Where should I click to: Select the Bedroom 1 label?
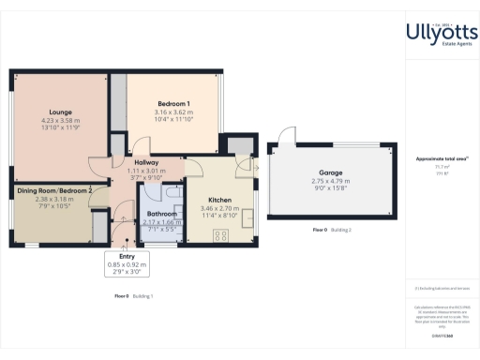coord(173,102)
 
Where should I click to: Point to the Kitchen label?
coord(219,201)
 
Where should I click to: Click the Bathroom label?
coord(162,213)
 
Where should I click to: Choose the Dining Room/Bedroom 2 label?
coord(53,191)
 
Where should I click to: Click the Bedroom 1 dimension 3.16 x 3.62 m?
coord(173,112)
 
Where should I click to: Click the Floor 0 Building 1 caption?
coord(133,295)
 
